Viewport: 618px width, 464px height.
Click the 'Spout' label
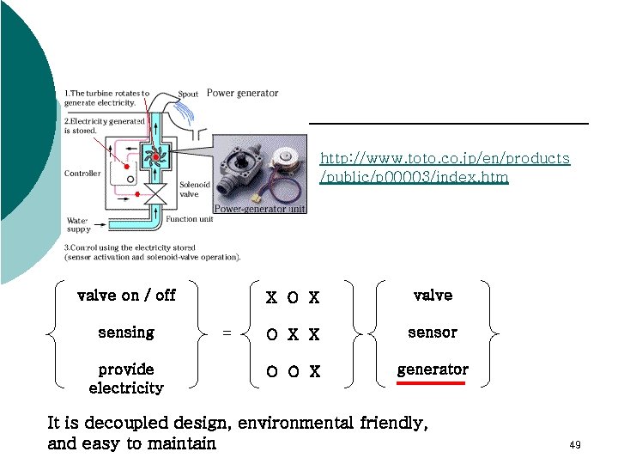pos(189,94)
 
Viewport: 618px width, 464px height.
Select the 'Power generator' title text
pos(243,93)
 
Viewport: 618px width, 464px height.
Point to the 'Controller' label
pos(82,174)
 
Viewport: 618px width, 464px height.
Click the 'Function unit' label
pos(189,218)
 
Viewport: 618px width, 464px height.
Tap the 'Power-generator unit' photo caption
pos(260,209)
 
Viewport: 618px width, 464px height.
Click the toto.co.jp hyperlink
pos(445,168)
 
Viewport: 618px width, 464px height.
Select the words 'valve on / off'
pos(126,295)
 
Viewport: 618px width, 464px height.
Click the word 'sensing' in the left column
pos(126,332)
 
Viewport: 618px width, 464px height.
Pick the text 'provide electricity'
pos(126,378)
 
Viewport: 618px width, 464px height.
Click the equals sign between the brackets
pos(227,333)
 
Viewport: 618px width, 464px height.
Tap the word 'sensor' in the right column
pos(433,332)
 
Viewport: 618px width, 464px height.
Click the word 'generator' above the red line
pos(433,369)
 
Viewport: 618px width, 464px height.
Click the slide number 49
pos(575,445)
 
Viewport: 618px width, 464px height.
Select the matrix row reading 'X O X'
pos(293,298)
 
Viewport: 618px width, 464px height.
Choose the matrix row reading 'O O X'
pos(293,372)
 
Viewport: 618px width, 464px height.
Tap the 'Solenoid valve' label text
pos(190,189)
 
